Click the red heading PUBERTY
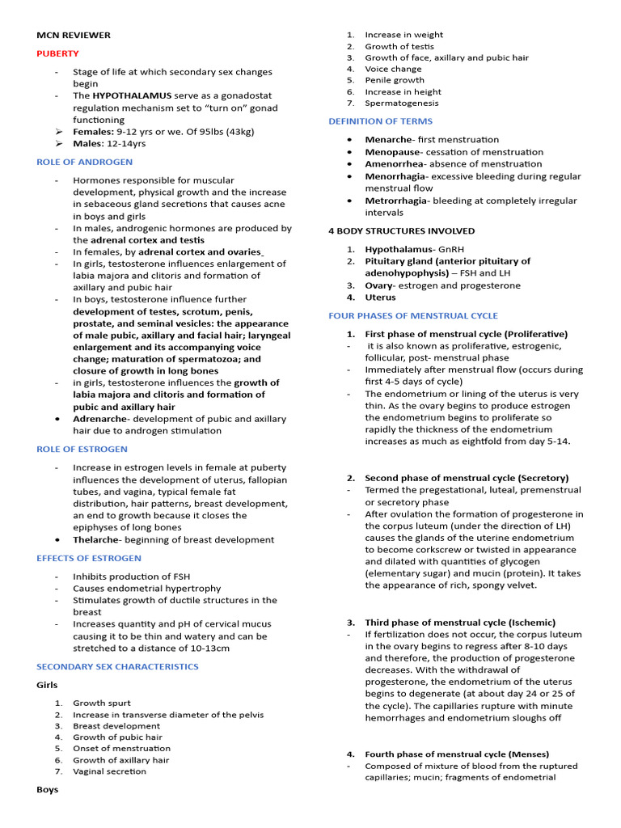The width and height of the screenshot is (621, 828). (57, 53)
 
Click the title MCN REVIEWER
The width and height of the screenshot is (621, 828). (74, 35)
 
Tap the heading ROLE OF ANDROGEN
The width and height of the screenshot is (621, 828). (84, 162)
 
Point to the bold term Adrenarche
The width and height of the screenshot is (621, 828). (99, 419)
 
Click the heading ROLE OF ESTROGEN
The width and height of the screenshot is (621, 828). (82, 449)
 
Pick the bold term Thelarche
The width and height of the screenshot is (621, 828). (95, 539)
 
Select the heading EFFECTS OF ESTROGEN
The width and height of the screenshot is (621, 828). (89, 558)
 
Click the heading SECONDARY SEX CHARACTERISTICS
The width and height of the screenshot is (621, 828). (117, 666)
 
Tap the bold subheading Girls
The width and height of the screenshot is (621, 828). (47, 685)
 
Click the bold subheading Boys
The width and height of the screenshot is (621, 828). (47, 789)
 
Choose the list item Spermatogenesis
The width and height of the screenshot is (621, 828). (402, 103)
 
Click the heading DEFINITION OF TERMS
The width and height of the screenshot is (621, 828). (380, 121)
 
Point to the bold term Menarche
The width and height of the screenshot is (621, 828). (389, 140)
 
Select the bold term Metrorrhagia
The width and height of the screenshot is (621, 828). (395, 201)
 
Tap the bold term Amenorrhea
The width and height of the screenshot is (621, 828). (394, 164)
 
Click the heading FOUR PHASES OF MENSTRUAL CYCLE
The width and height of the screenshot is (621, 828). (413, 315)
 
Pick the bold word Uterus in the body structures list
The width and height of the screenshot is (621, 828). (380, 298)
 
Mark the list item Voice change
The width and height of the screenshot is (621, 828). (393, 69)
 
